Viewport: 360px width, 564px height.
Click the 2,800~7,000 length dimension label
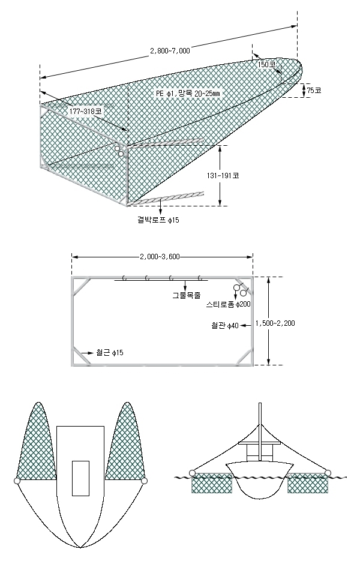pyautogui.click(x=170, y=51)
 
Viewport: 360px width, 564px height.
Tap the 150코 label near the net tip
pyautogui.click(x=267, y=64)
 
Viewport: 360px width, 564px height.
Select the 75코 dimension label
pyautogui.click(x=314, y=90)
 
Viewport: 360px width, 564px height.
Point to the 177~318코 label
pyautogui.click(x=85, y=112)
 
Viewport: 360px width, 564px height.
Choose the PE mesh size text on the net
pyautogui.click(x=188, y=94)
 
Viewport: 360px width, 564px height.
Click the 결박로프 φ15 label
pyautogui.click(x=158, y=220)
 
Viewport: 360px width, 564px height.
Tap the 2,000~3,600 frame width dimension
pyautogui.click(x=160, y=257)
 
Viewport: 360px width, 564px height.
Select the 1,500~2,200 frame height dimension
pyautogui.click(x=275, y=323)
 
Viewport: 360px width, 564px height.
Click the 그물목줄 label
pyautogui.click(x=186, y=296)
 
